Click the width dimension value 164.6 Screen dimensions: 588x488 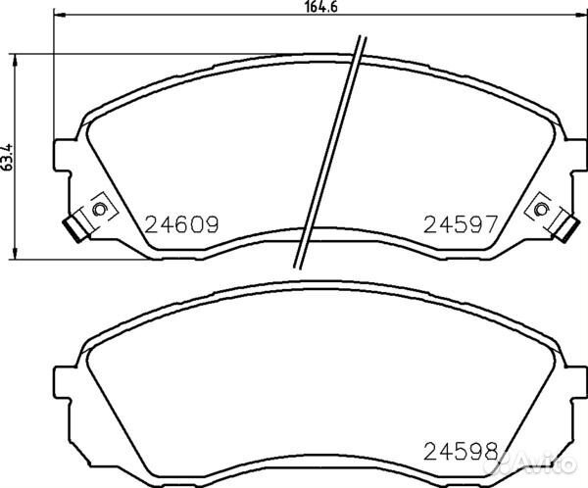coord(321,7)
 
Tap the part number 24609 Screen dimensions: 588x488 coord(181,224)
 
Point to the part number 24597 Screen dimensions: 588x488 coord(461,224)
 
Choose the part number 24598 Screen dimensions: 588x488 coord(461,451)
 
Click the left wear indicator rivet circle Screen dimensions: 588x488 coord(99,209)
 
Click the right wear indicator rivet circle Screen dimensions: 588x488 coord(541,209)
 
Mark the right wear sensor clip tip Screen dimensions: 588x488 coord(565,229)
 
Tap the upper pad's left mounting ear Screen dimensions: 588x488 coord(63,156)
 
